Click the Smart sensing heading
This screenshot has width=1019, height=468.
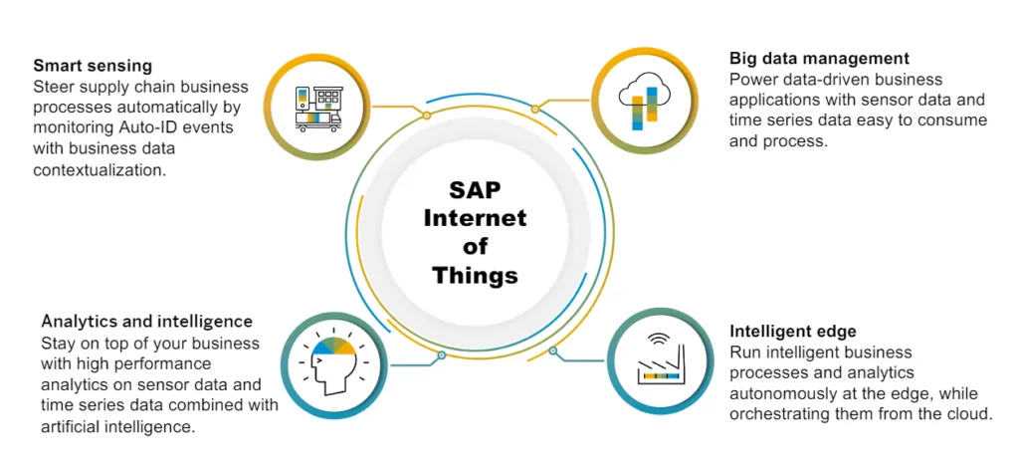tap(93, 66)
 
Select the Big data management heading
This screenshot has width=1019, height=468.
tap(819, 59)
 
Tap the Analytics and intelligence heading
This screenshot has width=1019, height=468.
tap(147, 321)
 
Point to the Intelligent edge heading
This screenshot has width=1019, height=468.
tap(793, 332)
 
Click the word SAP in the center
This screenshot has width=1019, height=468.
tap(475, 191)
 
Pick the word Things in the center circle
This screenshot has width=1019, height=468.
tap(475, 276)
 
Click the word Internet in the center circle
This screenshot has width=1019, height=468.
tap(475, 218)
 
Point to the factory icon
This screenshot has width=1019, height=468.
tap(661, 364)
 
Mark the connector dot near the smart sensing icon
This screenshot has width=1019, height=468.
tap(426, 116)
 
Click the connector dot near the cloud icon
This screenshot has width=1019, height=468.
tap(534, 110)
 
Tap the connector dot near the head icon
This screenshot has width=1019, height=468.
tap(441, 355)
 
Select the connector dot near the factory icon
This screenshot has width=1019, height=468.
tap(552, 351)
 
